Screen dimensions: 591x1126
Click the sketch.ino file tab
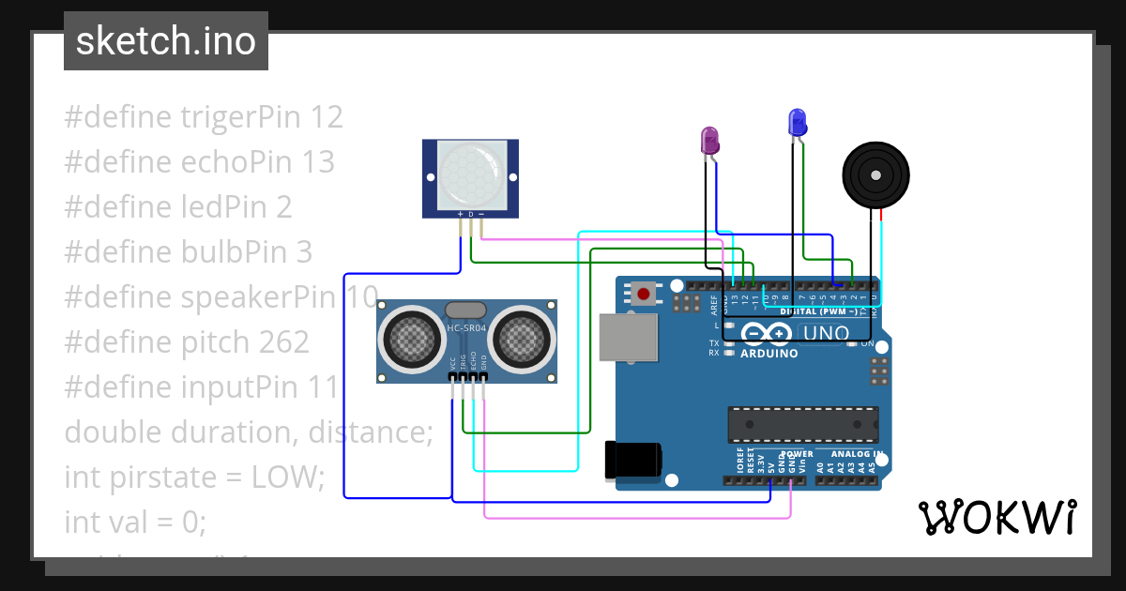point(166,41)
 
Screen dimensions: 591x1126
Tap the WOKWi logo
point(997,517)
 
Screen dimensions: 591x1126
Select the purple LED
point(710,141)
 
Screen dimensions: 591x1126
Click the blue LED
point(797,122)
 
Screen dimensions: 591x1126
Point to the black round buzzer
point(875,174)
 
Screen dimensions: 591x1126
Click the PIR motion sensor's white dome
point(470,175)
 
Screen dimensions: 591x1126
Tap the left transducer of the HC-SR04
point(410,334)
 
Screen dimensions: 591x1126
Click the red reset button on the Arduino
point(644,294)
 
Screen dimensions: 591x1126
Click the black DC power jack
point(633,459)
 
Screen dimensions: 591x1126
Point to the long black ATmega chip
point(803,425)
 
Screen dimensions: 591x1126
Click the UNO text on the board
point(827,333)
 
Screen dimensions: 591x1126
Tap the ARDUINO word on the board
point(768,354)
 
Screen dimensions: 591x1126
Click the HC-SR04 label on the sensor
point(465,327)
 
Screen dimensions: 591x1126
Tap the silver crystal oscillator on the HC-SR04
point(465,310)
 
